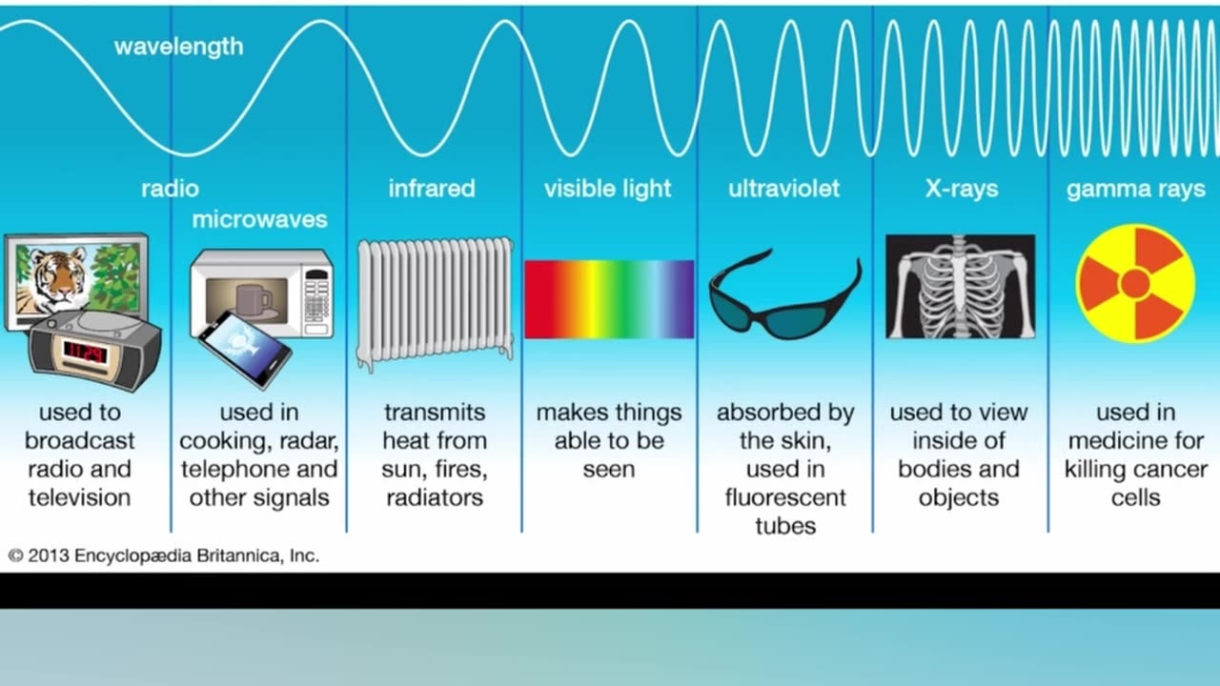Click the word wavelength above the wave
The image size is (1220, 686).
[x=178, y=47]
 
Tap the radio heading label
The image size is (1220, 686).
[x=170, y=189]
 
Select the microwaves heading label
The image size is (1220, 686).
[x=260, y=219]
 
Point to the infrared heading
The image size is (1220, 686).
[x=432, y=189]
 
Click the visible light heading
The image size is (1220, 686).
[x=608, y=189]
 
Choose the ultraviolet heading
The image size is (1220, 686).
[x=784, y=189]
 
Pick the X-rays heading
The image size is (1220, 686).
[x=962, y=189]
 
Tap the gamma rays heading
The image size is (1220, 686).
[x=1135, y=190]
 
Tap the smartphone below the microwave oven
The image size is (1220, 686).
[x=245, y=350]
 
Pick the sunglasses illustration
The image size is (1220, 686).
[x=784, y=295]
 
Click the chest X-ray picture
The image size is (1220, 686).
[x=960, y=287]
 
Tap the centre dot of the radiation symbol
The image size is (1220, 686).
[x=1135, y=284]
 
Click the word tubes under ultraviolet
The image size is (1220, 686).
[x=785, y=526]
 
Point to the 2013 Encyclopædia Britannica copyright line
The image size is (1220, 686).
[x=163, y=555]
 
